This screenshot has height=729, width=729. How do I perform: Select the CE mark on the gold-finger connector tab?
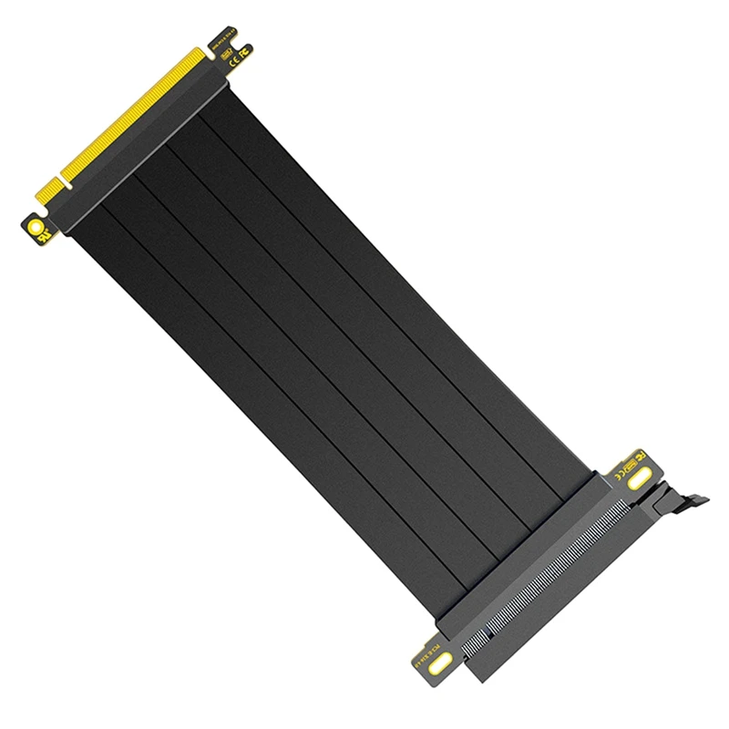pos(233,64)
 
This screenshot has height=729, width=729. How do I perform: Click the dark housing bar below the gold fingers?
pos(146,146)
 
